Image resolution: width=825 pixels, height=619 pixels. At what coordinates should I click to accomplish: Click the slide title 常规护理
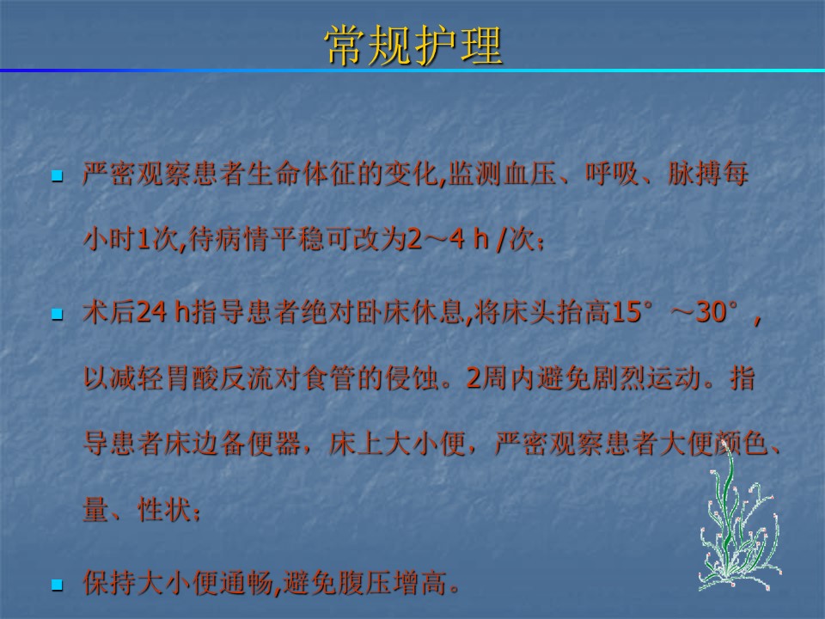tap(413, 46)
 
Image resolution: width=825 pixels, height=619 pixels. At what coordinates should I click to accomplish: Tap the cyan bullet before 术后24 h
tap(57, 315)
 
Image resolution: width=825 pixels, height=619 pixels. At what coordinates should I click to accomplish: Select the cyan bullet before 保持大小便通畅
tap(57, 585)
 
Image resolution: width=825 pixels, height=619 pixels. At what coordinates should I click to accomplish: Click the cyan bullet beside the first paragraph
tap(57, 175)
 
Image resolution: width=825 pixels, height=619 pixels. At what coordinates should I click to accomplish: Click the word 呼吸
tap(613, 174)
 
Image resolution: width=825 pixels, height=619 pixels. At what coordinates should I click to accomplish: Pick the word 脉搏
tap(694, 174)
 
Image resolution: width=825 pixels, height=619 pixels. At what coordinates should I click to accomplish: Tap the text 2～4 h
tap(449, 239)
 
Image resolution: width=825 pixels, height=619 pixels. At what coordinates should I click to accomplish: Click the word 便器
tap(274, 444)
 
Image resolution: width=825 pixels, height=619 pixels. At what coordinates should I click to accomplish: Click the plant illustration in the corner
tap(739, 518)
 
